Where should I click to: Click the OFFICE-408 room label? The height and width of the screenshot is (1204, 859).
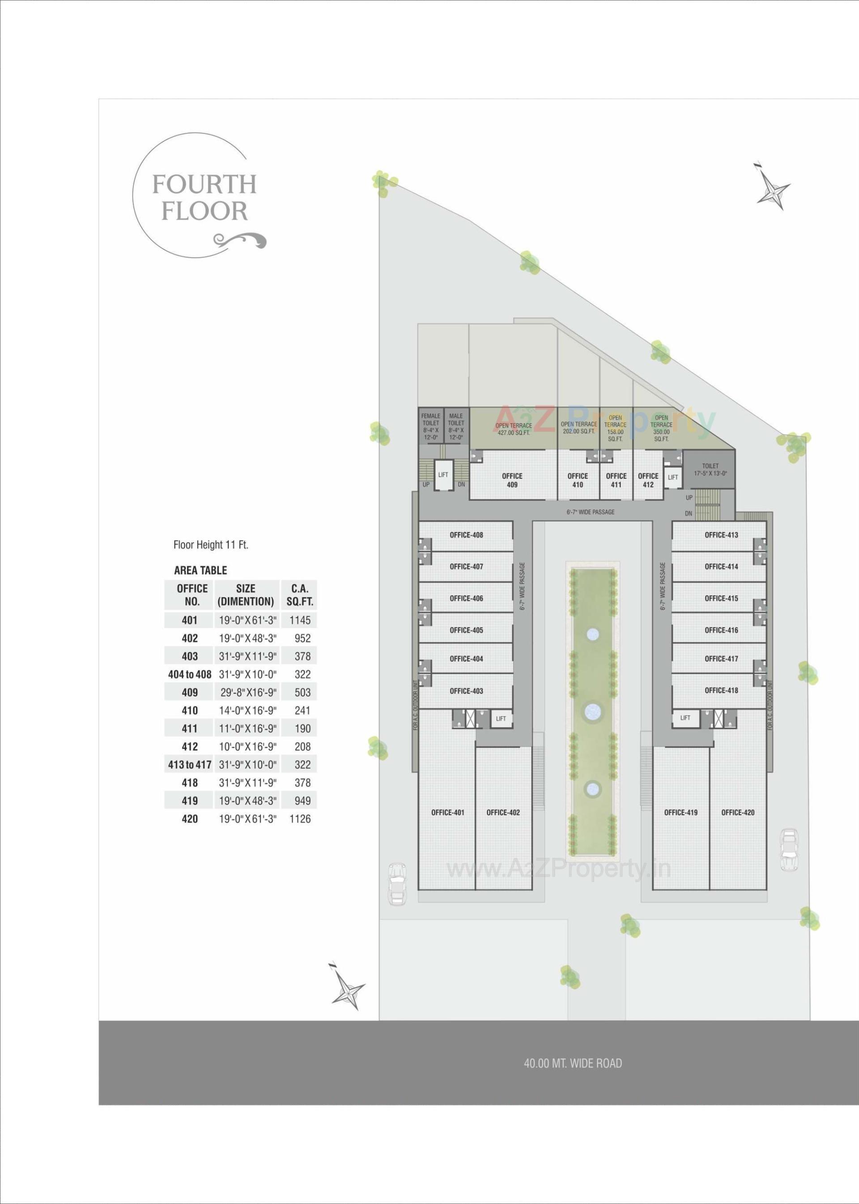click(466, 535)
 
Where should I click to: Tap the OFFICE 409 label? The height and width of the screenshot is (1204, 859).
click(512, 480)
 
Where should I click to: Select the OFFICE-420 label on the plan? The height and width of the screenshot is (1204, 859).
click(737, 812)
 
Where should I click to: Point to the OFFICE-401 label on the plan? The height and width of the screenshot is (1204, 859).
click(447, 812)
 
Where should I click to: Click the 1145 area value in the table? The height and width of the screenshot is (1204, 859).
click(300, 620)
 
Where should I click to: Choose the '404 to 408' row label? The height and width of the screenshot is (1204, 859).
click(189, 674)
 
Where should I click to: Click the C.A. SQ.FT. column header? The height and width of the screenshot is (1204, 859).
click(300, 595)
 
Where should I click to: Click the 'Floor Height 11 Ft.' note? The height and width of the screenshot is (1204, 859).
click(211, 544)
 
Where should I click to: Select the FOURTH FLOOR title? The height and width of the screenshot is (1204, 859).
click(204, 197)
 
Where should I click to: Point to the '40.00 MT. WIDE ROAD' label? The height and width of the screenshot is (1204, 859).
click(573, 1063)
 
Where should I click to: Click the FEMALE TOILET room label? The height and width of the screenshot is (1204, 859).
click(430, 427)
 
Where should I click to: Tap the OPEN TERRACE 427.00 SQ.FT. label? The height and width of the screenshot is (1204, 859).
click(513, 429)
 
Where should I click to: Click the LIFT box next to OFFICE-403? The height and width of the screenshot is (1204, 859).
click(500, 719)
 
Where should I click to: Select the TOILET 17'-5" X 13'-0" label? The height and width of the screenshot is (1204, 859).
click(710, 470)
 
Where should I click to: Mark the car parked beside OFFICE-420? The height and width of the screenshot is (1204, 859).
click(789, 850)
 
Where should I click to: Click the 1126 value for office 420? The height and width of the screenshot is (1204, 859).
click(300, 819)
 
